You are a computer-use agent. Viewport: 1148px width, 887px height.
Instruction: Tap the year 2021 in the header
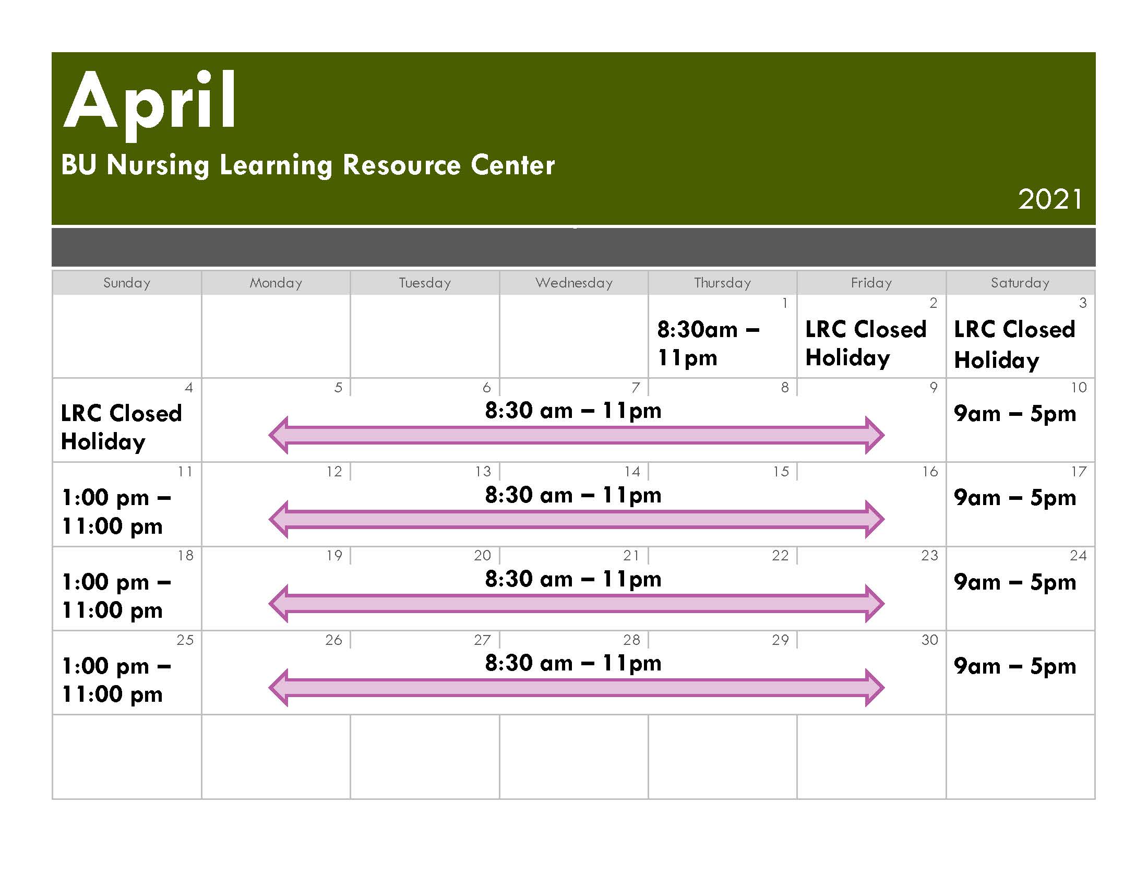[x=1050, y=199]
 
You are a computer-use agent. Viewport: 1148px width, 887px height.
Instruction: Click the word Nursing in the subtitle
[x=158, y=165]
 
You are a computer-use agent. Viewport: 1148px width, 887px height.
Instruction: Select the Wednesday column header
[x=574, y=283]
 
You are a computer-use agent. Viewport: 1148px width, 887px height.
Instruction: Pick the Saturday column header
[x=1020, y=283]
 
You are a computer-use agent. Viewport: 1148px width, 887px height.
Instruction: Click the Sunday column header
[x=127, y=283]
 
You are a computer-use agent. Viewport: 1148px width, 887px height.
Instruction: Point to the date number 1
[x=785, y=303]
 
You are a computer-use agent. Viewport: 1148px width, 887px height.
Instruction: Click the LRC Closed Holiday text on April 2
[x=866, y=343]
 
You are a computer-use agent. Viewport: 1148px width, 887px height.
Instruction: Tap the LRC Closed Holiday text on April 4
[x=122, y=427]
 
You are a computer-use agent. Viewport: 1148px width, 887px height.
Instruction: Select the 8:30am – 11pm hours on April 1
[x=708, y=343]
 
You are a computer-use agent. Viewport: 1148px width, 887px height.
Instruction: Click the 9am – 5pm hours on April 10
[x=1015, y=414]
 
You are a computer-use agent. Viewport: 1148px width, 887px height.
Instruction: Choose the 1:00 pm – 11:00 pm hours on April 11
[x=116, y=511]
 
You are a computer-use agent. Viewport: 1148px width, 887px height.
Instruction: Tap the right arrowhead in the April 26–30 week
[x=875, y=688]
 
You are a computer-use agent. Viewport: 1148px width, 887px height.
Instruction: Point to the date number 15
[x=781, y=472]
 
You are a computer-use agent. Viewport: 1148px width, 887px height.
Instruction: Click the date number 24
[x=1078, y=556]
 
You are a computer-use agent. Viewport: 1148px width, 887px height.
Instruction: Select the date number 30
[x=929, y=640]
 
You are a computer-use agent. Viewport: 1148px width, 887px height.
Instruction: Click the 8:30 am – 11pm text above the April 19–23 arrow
[x=573, y=579]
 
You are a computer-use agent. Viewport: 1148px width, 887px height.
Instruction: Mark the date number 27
[x=482, y=640]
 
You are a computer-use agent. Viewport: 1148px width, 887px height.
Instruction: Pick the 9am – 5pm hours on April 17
[x=1015, y=498]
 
